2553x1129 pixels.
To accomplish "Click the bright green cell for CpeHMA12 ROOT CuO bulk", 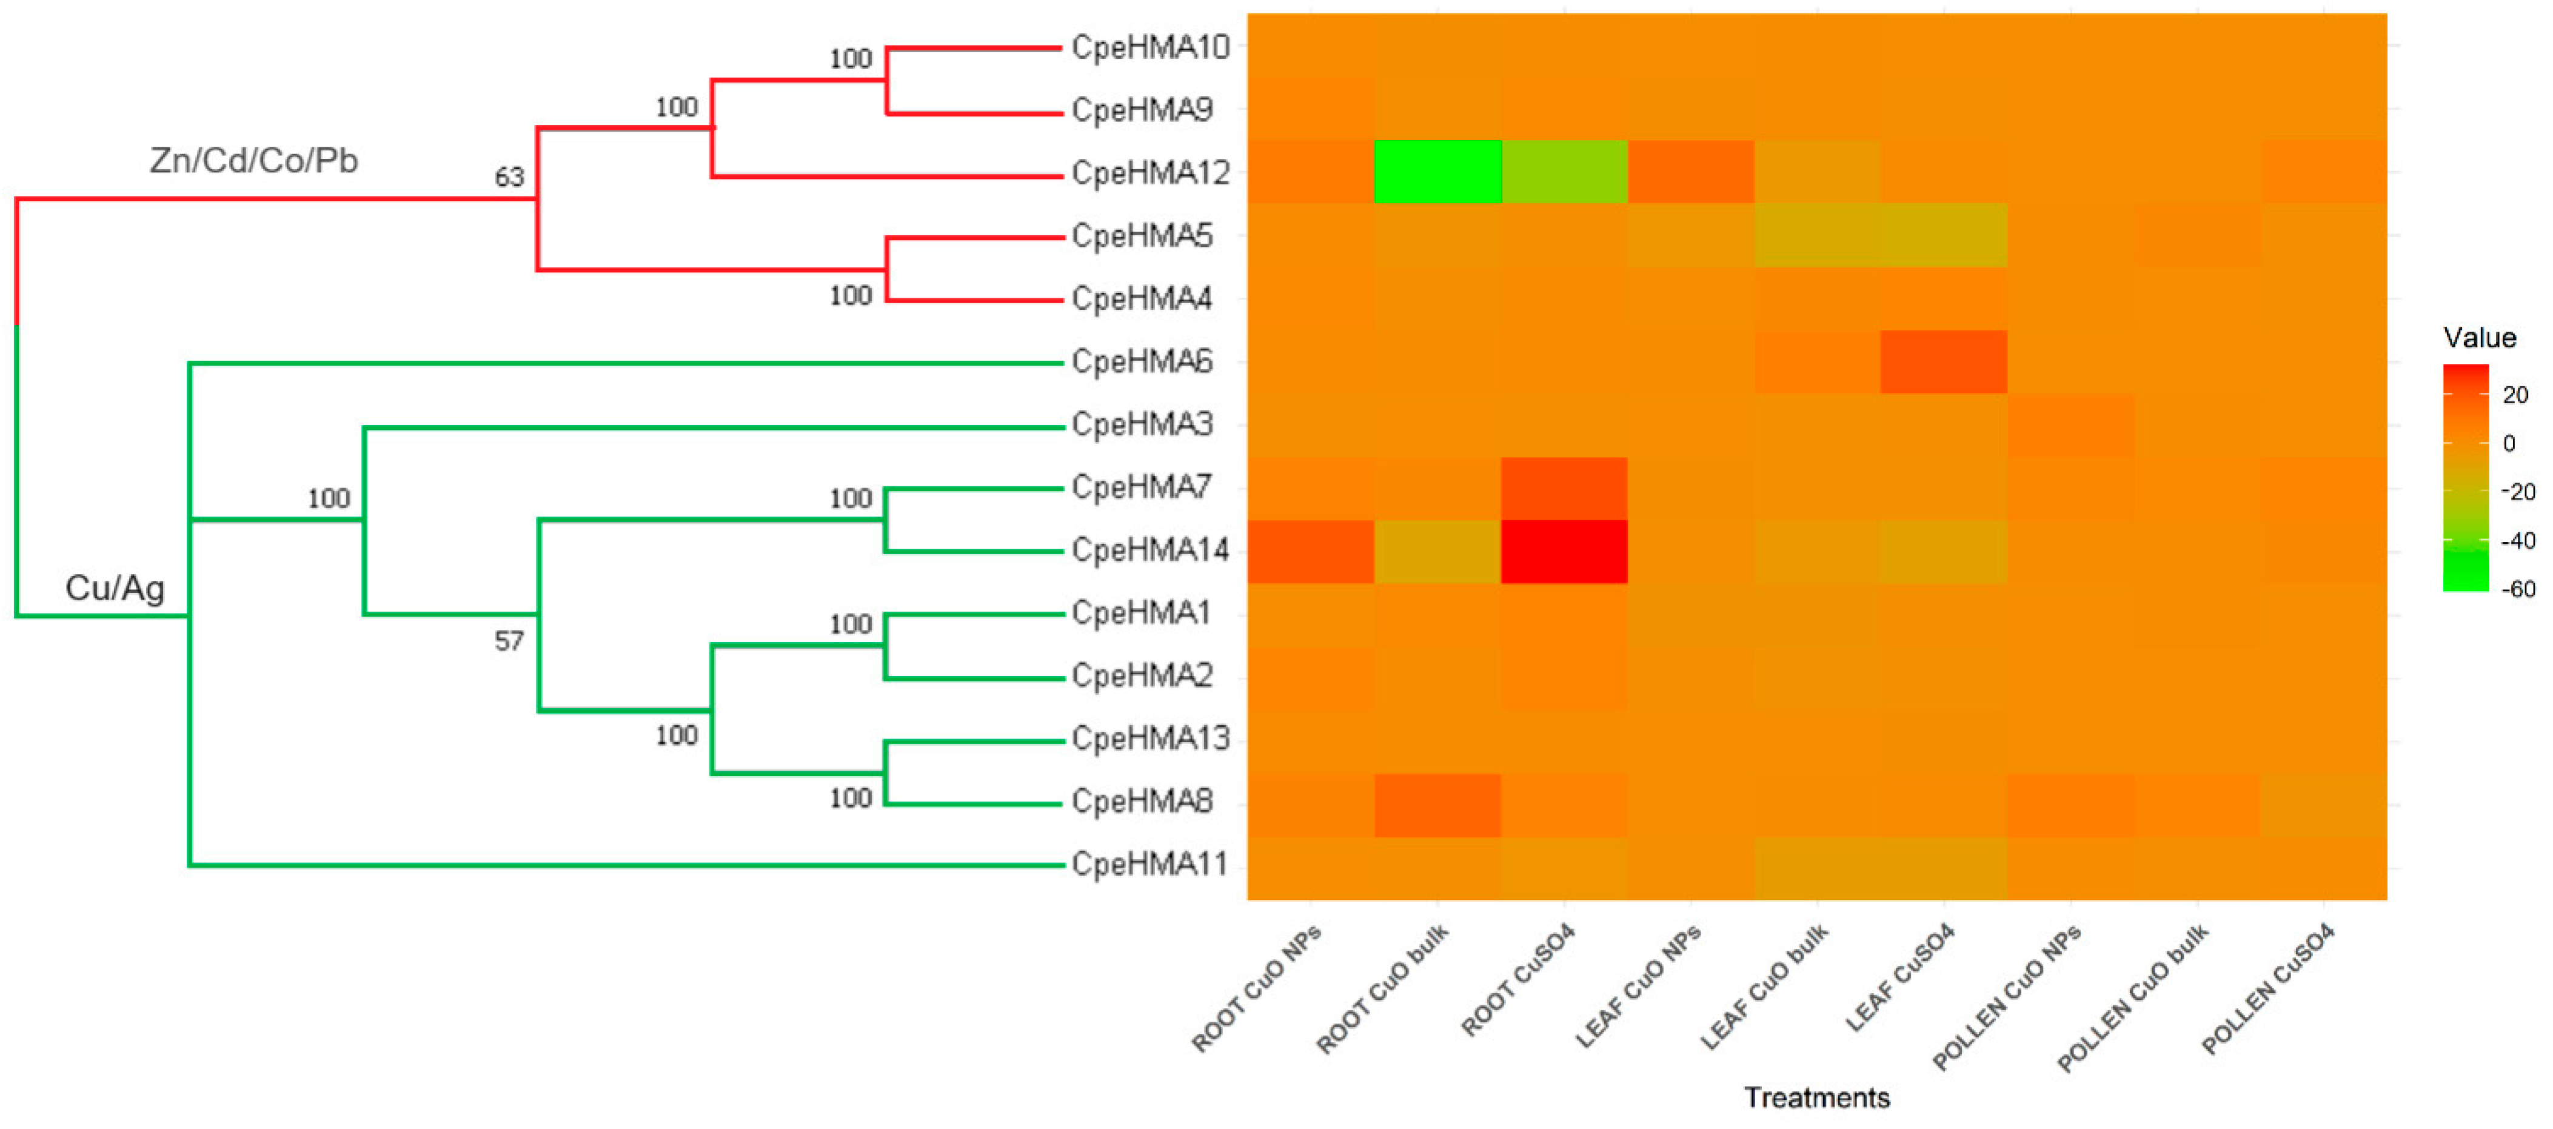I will (x=1437, y=172).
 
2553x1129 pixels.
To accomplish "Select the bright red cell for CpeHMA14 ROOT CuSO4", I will (x=1564, y=551).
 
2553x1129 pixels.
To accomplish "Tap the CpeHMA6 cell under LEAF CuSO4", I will (x=1944, y=362).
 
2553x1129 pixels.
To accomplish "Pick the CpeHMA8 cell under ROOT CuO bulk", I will (x=1437, y=804).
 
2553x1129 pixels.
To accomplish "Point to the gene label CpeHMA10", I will (x=1149, y=47).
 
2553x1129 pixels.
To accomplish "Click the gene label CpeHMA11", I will (x=1149, y=865).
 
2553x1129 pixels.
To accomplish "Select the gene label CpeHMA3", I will (x=1142, y=424).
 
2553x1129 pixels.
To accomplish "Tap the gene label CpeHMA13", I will (x=1149, y=739).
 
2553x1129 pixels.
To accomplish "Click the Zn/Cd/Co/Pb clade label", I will (x=253, y=161).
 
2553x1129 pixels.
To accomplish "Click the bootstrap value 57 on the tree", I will (x=509, y=642).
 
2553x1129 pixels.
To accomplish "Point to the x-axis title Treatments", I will (x=1816, y=1097).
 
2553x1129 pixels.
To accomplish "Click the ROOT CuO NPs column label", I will (x=1257, y=989).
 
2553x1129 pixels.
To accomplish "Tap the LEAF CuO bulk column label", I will (x=1765, y=987).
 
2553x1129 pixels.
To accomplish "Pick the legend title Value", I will (x=2480, y=338).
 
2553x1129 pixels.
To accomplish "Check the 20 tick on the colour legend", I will (x=2515, y=395).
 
